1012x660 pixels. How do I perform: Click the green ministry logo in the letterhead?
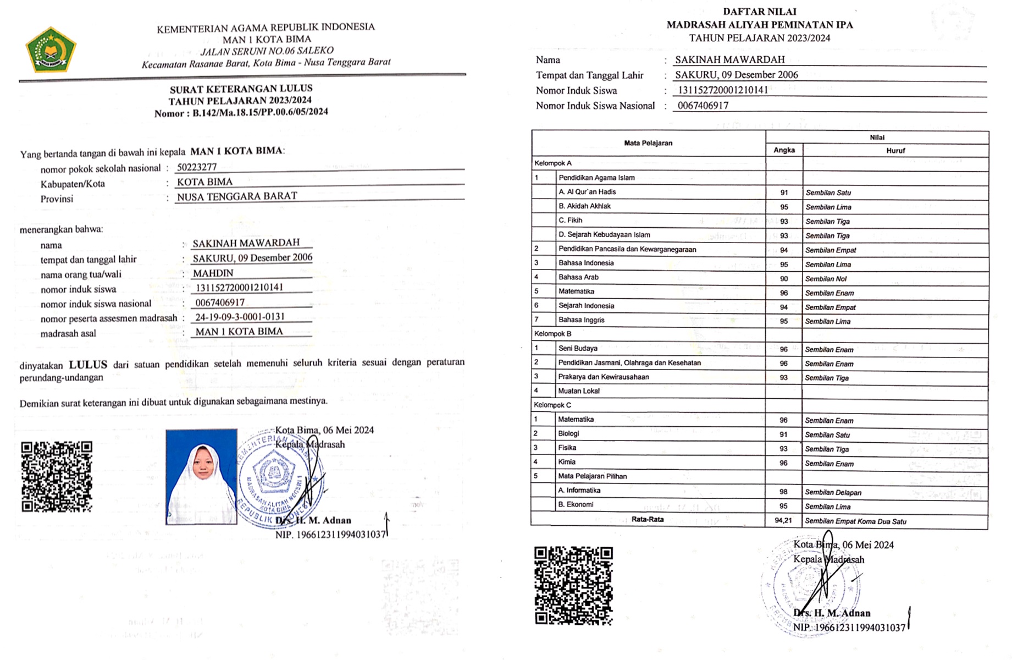click(x=51, y=51)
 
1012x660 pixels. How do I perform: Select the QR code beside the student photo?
click(x=57, y=476)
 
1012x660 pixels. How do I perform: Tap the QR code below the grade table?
click(x=573, y=585)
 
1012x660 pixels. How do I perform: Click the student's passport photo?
click(x=201, y=476)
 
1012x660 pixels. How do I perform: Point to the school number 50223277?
click(x=197, y=167)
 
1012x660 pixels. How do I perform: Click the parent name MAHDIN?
click(x=213, y=273)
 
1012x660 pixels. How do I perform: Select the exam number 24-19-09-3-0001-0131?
click(x=240, y=317)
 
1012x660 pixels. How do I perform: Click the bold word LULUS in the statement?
click(x=88, y=364)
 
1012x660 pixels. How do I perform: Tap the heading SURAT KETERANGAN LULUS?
click(x=241, y=89)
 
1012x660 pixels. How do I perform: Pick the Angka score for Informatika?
click(x=783, y=492)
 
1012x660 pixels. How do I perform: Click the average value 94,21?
click(x=783, y=520)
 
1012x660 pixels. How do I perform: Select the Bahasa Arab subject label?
click(x=578, y=277)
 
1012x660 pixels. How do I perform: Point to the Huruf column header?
click(x=895, y=150)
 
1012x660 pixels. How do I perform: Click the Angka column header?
click(x=784, y=150)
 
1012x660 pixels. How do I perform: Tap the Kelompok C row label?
click(x=552, y=405)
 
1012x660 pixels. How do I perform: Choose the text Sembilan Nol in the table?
click(x=826, y=279)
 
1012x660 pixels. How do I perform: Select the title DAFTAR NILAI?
click(x=759, y=12)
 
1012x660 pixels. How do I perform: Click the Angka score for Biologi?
click(x=783, y=435)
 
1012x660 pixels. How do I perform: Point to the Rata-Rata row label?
click(x=647, y=519)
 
